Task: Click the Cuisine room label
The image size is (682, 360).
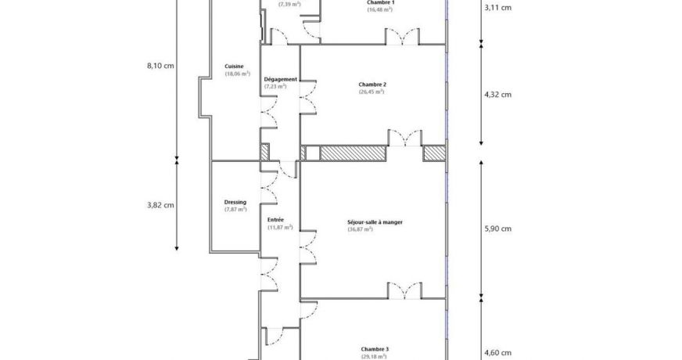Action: [x=234, y=66]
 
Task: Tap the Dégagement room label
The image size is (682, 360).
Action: [x=280, y=78]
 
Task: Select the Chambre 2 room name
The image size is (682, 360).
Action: [x=372, y=84]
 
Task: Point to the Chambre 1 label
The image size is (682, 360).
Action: [x=380, y=2]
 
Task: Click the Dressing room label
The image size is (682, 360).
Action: [x=235, y=202]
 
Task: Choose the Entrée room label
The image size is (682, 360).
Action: [x=275, y=220]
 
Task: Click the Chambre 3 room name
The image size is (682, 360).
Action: [x=375, y=349]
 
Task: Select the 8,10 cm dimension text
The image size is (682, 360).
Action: [x=160, y=65]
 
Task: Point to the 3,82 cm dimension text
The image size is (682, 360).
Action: [x=160, y=205]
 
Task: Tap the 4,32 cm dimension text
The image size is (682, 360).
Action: [x=497, y=95]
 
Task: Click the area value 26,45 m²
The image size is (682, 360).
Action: [x=372, y=92]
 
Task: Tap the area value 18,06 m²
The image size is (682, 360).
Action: [x=237, y=74]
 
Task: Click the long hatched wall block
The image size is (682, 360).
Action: [x=354, y=153]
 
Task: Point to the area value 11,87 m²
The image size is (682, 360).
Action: [x=279, y=228]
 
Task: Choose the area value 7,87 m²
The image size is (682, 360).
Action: [x=235, y=210]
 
